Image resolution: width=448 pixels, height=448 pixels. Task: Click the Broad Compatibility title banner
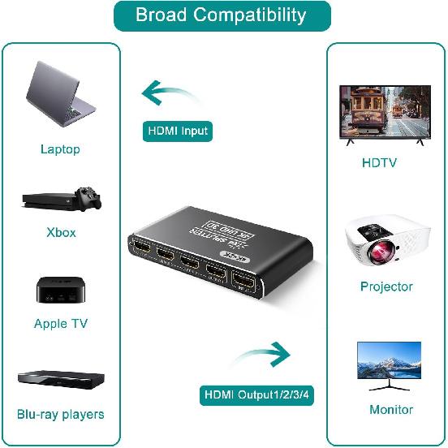(222, 15)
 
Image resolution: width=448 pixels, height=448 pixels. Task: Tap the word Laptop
(60, 149)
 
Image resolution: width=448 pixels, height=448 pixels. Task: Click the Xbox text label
(61, 232)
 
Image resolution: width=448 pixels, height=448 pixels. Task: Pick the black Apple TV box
(61, 291)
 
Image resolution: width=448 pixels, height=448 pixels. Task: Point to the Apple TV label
(61, 324)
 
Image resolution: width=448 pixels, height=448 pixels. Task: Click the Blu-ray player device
(61, 379)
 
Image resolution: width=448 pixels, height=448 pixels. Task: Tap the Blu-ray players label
(61, 414)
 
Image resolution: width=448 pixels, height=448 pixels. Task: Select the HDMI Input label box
(178, 131)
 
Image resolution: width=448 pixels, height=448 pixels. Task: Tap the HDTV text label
(379, 163)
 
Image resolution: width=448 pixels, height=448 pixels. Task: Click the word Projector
(386, 286)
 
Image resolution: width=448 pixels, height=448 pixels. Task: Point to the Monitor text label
(391, 410)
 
